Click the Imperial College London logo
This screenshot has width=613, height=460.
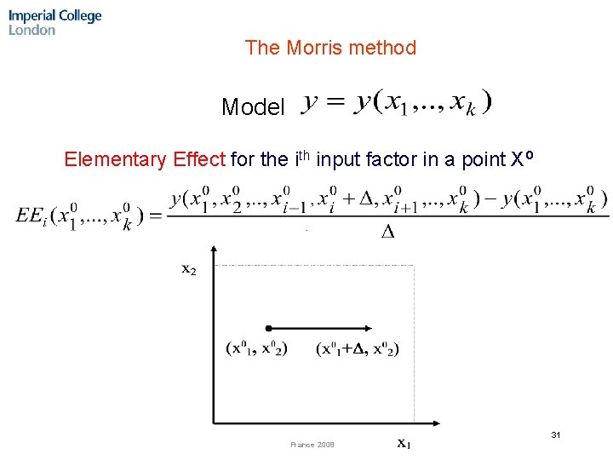click(54, 22)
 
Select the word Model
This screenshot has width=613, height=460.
click(253, 107)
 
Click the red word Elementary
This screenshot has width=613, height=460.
click(116, 159)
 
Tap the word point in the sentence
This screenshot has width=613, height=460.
click(481, 159)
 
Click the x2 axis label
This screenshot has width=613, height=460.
click(189, 269)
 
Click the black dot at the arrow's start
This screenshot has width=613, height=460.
click(268, 328)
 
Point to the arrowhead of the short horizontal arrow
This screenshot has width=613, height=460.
click(375, 328)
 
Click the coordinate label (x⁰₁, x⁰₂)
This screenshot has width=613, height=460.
click(257, 348)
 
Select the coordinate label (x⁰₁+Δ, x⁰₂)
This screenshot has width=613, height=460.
click(358, 348)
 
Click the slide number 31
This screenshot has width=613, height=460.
click(555, 435)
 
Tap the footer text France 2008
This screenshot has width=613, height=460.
click(312, 445)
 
